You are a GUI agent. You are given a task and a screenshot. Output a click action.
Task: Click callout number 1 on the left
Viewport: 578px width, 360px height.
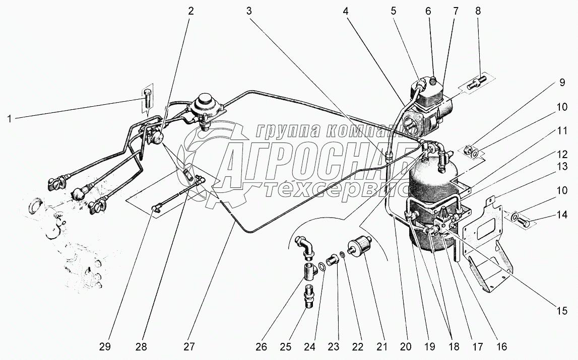(x=10, y=119)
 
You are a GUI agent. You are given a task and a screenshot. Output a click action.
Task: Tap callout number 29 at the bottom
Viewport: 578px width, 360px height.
(x=105, y=347)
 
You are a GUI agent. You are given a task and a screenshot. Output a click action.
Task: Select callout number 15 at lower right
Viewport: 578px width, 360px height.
(x=562, y=311)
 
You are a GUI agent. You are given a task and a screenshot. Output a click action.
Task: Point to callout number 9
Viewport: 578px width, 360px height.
(x=562, y=82)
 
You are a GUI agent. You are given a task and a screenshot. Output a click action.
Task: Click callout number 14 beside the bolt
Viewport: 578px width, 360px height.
(x=562, y=214)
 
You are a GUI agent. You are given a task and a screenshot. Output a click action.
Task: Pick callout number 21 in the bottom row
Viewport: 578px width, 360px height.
(x=382, y=347)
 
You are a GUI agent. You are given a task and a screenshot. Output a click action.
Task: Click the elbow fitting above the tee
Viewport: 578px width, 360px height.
(x=305, y=247)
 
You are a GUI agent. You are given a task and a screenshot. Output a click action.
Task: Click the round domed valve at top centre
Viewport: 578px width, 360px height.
(x=204, y=108)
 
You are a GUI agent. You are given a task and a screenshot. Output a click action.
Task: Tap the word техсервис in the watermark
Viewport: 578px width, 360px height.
(x=336, y=192)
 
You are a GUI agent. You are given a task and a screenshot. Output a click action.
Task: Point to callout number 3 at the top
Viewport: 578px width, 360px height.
(x=249, y=12)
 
